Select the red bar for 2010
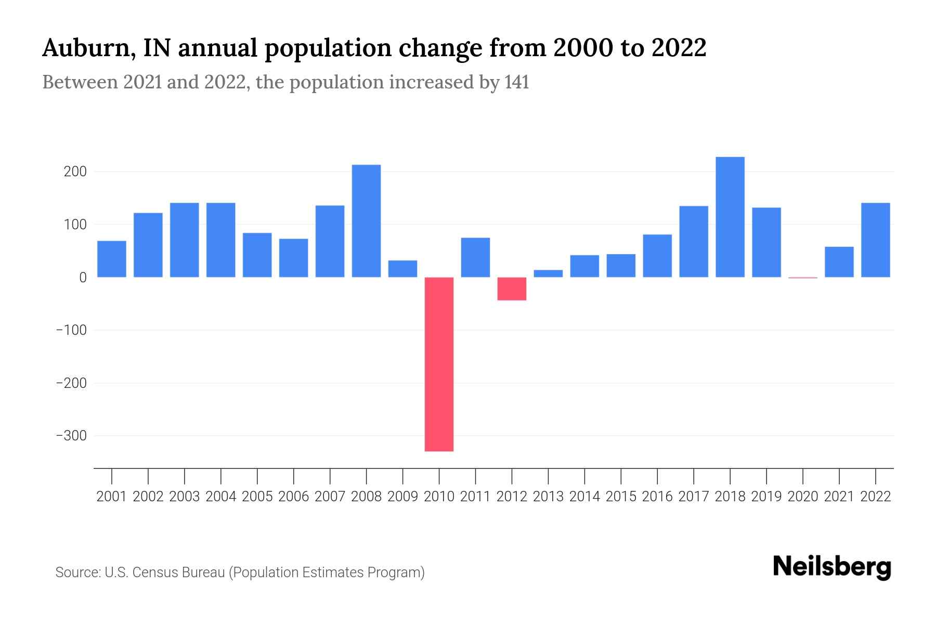point(439,364)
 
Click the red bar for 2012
point(512,289)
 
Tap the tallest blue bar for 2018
point(730,217)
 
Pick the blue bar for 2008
point(366,221)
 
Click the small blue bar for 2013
point(548,274)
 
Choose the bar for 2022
point(876,240)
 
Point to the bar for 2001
point(112,259)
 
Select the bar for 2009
point(402,269)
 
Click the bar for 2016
point(657,256)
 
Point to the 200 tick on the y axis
point(75,172)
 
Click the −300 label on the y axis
point(71,436)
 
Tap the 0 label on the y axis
point(83,278)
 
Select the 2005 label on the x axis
point(257,497)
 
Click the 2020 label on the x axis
point(803,497)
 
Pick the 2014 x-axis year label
point(584,497)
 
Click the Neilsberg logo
point(832,567)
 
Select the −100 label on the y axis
point(71,330)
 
